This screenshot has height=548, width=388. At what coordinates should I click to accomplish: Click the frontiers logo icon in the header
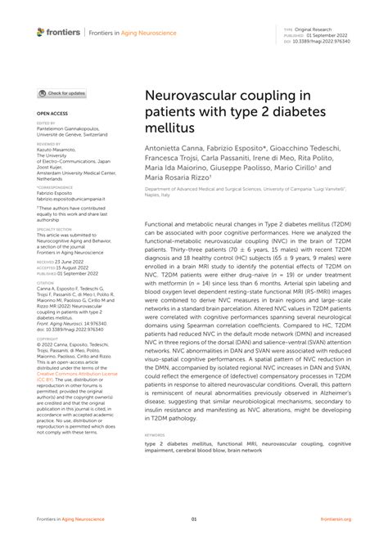41,32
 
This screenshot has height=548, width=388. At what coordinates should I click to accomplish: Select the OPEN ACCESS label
50,113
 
